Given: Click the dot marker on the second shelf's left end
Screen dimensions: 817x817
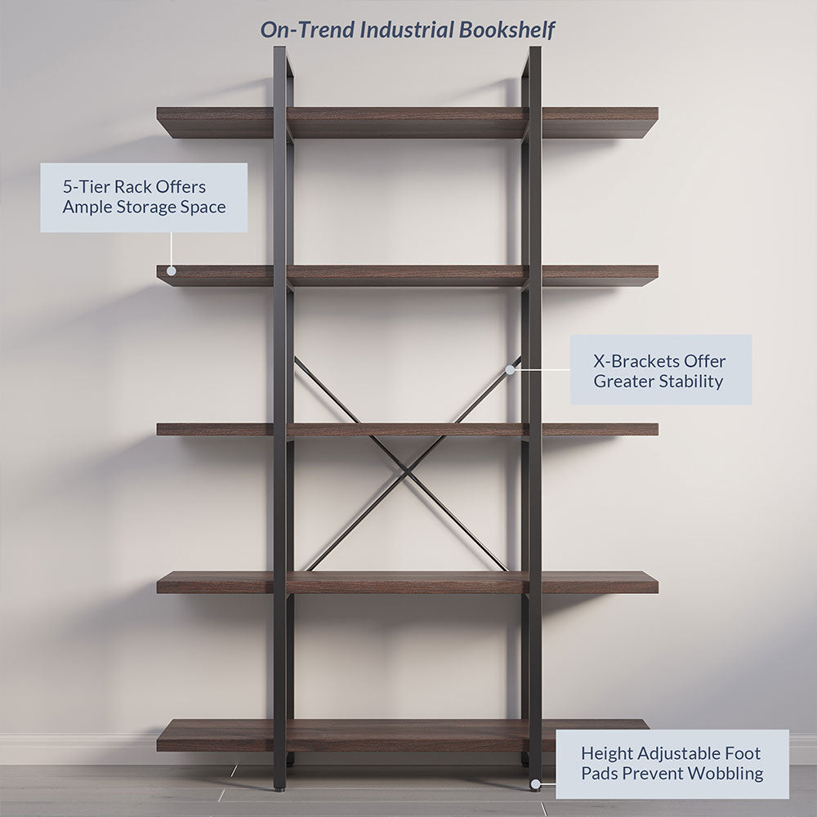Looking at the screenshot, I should (x=172, y=270).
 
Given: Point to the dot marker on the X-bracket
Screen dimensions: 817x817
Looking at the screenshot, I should (x=510, y=369).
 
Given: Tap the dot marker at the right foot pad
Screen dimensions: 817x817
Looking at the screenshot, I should (x=534, y=784).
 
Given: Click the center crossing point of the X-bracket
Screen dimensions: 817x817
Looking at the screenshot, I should (x=406, y=469).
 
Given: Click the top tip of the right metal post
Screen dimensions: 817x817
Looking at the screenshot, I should (x=534, y=50).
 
